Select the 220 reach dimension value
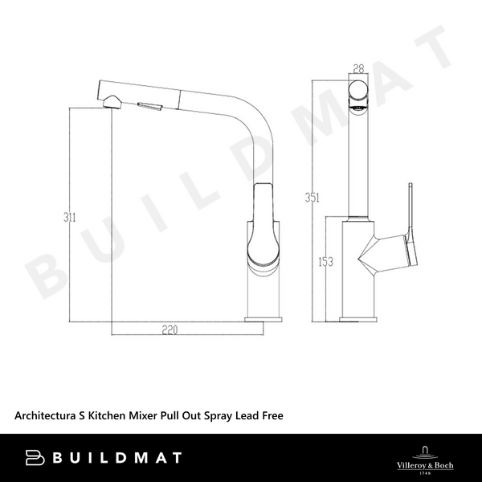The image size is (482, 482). pyautogui.click(x=168, y=329)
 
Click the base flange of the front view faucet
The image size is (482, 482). pyautogui.click(x=357, y=320)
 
